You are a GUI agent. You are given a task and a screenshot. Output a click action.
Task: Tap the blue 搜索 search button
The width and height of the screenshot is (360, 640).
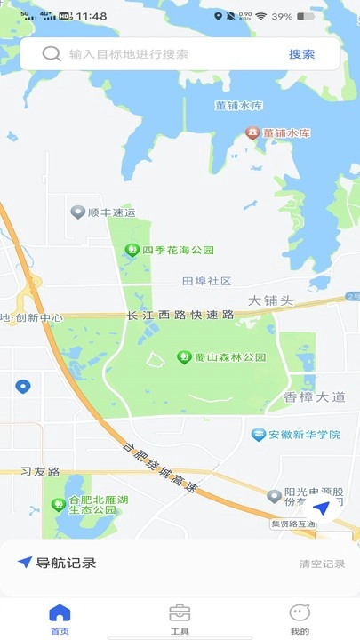(x=301, y=54)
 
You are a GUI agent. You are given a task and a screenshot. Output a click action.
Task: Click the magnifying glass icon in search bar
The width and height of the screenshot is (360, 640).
(x=52, y=54)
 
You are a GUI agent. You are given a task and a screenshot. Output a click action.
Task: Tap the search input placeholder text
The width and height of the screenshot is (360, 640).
(x=129, y=54)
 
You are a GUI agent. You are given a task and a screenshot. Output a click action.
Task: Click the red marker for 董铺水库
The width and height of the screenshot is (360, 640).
(x=252, y=133)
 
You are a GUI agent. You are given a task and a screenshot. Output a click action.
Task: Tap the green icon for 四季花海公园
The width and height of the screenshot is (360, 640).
(x=132, y=250)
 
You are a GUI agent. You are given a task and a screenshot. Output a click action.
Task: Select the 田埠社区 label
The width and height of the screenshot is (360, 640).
(x=206, y=281)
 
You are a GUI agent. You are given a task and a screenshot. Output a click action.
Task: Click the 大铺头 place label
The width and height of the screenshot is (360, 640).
(x=270, y=300)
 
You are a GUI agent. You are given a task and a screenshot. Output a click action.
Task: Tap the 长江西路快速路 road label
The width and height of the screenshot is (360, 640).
(x=180, y=315)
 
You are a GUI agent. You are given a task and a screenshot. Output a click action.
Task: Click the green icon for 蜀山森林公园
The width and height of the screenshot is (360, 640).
(x=185, y=357)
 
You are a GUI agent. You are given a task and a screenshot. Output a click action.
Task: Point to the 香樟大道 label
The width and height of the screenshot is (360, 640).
(x=314, y=397)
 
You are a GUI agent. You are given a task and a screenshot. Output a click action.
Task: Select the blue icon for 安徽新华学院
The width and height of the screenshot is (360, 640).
(x=259, y=435)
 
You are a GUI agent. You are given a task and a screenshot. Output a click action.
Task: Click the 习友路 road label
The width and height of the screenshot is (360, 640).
(x=39, y=471)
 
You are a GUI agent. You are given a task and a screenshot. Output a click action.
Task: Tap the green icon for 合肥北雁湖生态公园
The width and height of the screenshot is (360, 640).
(x=59, y=505)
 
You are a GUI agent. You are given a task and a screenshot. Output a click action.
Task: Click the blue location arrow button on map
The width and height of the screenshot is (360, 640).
(x=321, y=508)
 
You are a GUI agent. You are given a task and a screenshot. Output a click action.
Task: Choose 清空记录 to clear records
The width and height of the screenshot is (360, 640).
(x=322, y=564)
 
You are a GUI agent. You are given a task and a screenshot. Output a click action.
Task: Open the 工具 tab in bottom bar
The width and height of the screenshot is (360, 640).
(x=180, y=618)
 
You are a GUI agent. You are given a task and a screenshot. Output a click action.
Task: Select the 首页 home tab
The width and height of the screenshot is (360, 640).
(x=60, y=618)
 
